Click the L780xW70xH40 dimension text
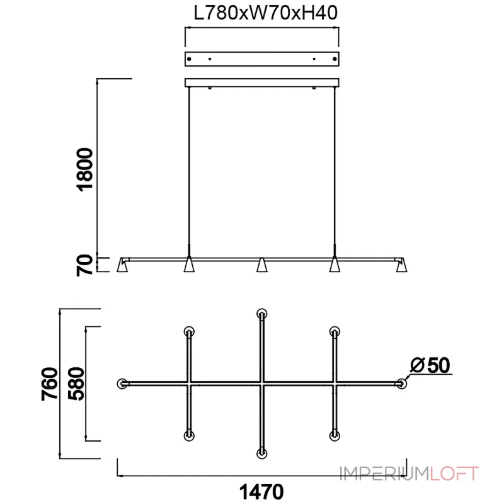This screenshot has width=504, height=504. point(265,13)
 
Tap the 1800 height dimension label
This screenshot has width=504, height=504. point(85,169)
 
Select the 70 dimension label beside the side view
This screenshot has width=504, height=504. point(84,265)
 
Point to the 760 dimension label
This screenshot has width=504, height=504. point(50,384)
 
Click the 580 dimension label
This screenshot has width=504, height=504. point(76,384)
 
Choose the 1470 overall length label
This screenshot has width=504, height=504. point(261,491)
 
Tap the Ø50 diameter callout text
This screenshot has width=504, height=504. point(430,365)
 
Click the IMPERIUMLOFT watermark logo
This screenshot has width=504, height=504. point(409,474)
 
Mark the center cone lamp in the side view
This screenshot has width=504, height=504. point(261,265)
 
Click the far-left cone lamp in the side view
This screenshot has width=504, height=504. point(122,265)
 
